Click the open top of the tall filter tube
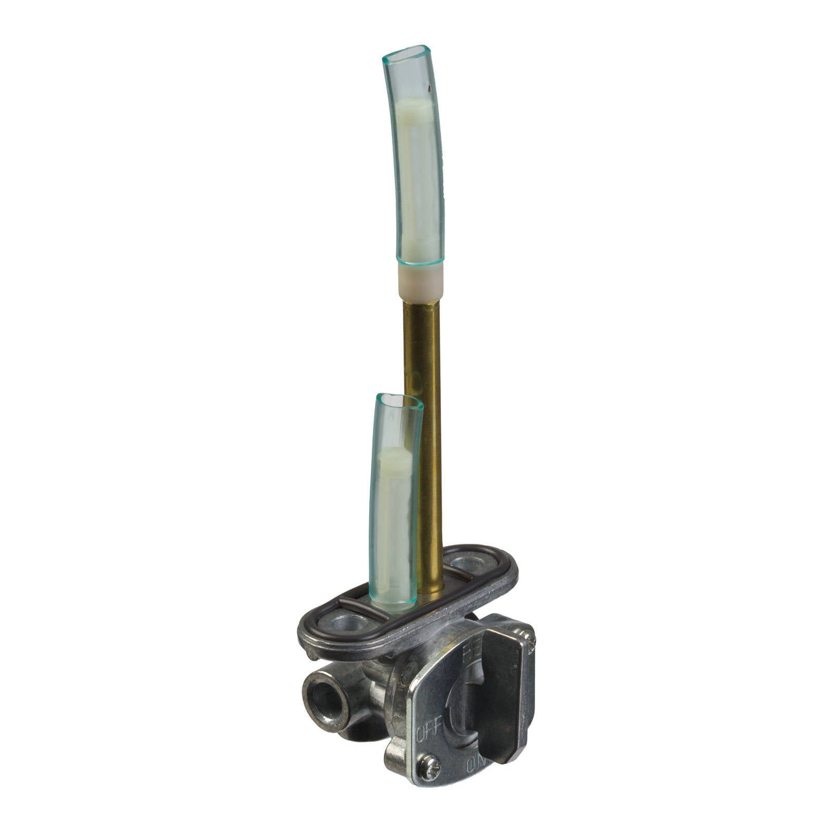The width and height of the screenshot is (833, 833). [407, 54]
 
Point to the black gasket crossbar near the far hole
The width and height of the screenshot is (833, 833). [458, 574]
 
